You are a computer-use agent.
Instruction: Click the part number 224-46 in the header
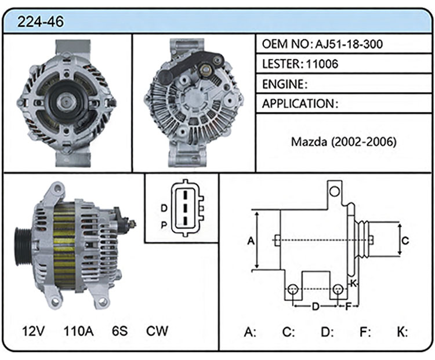pyautogui.click(x=41, y=21)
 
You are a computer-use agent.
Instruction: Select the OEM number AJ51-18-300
pyautogui.click(x=349, y=44)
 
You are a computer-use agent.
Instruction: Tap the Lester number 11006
pyautogui.click(x=322, y=64)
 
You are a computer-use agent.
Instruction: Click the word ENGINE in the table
pyautogui.click(x=283, y=84)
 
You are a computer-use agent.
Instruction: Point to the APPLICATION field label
pyautogui.click(x=298, y=104)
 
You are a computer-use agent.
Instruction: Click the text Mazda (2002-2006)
pyautogui.click(x=344, y=141)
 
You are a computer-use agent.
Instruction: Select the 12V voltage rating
pyautogui.click(x=33, y=331)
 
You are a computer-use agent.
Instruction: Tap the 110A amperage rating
pyautogui.click(x=78, y=331)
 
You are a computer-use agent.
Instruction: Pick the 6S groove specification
pyautogui.click(x=119, y=331)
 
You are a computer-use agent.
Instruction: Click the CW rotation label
pyautogui.click(x=157, y=331)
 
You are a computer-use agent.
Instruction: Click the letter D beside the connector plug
pyautogui.click(x=164, y=208)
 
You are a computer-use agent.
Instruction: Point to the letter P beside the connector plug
pyautogui.click(x=164, y=225)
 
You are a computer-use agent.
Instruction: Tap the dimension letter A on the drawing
pyautogui.click(x=251, y=241)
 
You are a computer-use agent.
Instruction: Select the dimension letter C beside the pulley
pyautogui.click(x=405, y=240)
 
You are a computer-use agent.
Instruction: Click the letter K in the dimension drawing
pyautogui.click(x=353, y=283)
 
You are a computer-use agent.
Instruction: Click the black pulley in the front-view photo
pyautogui.click(x=66, y=102)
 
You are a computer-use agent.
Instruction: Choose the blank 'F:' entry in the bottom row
pyautogui.click(x=365, y=332)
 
